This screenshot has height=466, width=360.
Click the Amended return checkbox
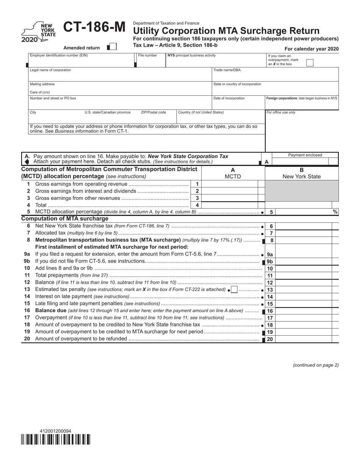(x=112, y=47)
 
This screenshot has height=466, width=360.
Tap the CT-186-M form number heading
(x=94, y=28)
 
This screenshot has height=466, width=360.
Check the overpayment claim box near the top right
(x=310, y=63)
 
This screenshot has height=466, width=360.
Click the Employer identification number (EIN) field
(x=81, y=62)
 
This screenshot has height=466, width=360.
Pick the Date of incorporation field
(x=238, y=104)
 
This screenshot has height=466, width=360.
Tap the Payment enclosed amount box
(x=305, y=162)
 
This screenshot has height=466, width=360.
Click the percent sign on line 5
(x=335, y=212)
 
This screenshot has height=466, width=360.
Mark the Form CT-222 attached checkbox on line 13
(x=235, y=289)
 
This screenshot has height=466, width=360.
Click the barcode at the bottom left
(x=56, y=439)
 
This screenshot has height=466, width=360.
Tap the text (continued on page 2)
(x=316, y=365)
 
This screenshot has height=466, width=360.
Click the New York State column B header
(x=302, y=177)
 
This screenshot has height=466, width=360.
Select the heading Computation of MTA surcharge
(x=65, y=219)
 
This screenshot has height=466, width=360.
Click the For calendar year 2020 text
(x=311, y=49)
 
